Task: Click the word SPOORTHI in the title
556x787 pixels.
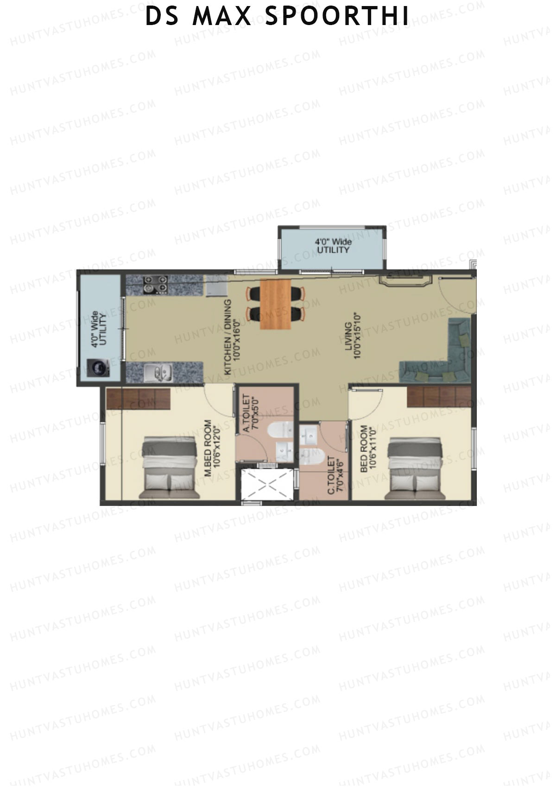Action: coord(337,16)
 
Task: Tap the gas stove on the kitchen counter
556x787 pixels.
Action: coord(155,284)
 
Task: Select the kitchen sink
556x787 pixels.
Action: coord(158,373)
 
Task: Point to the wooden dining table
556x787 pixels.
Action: coord(276,304)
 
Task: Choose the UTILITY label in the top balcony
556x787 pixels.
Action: coord(333,250)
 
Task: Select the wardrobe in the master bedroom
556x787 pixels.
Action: coord(139,398)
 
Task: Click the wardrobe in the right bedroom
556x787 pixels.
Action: coord(439,396)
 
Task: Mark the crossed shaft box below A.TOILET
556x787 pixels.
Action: coord(268,484)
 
